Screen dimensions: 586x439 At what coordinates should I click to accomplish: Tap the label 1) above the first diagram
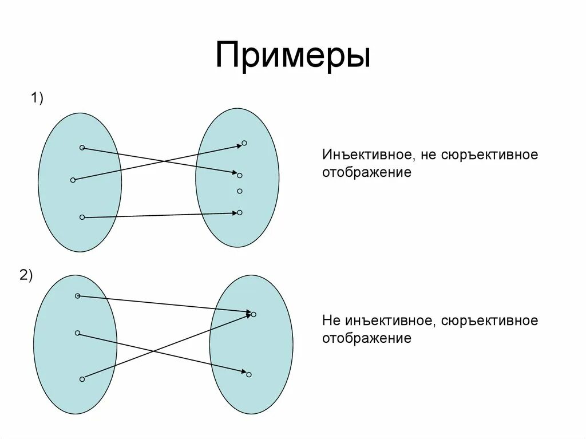click(37, 98)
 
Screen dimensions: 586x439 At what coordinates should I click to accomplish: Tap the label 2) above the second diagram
click(26, 275)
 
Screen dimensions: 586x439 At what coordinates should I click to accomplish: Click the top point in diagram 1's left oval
click(82, 148)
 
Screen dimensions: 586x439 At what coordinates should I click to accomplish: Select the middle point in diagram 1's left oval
click(73, 180)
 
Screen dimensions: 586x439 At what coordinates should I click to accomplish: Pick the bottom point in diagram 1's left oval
click(82, 217)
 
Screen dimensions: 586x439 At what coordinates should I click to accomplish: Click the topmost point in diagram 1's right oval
click(244, 143)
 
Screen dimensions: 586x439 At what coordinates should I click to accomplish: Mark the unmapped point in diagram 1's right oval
click(240, 191)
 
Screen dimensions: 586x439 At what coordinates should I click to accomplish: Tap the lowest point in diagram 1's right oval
click(240, 212)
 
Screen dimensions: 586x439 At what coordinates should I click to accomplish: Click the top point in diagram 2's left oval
click(77, 296)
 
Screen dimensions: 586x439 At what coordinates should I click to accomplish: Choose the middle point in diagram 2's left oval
click(77, 333)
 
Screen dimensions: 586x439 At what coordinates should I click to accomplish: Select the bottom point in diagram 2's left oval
click(82, 379)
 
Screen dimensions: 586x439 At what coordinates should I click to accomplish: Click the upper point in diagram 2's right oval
click(254, 314)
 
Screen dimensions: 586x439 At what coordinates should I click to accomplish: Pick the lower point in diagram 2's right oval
click(249, 374)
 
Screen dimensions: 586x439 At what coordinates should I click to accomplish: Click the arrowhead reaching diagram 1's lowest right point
click(233, 213)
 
